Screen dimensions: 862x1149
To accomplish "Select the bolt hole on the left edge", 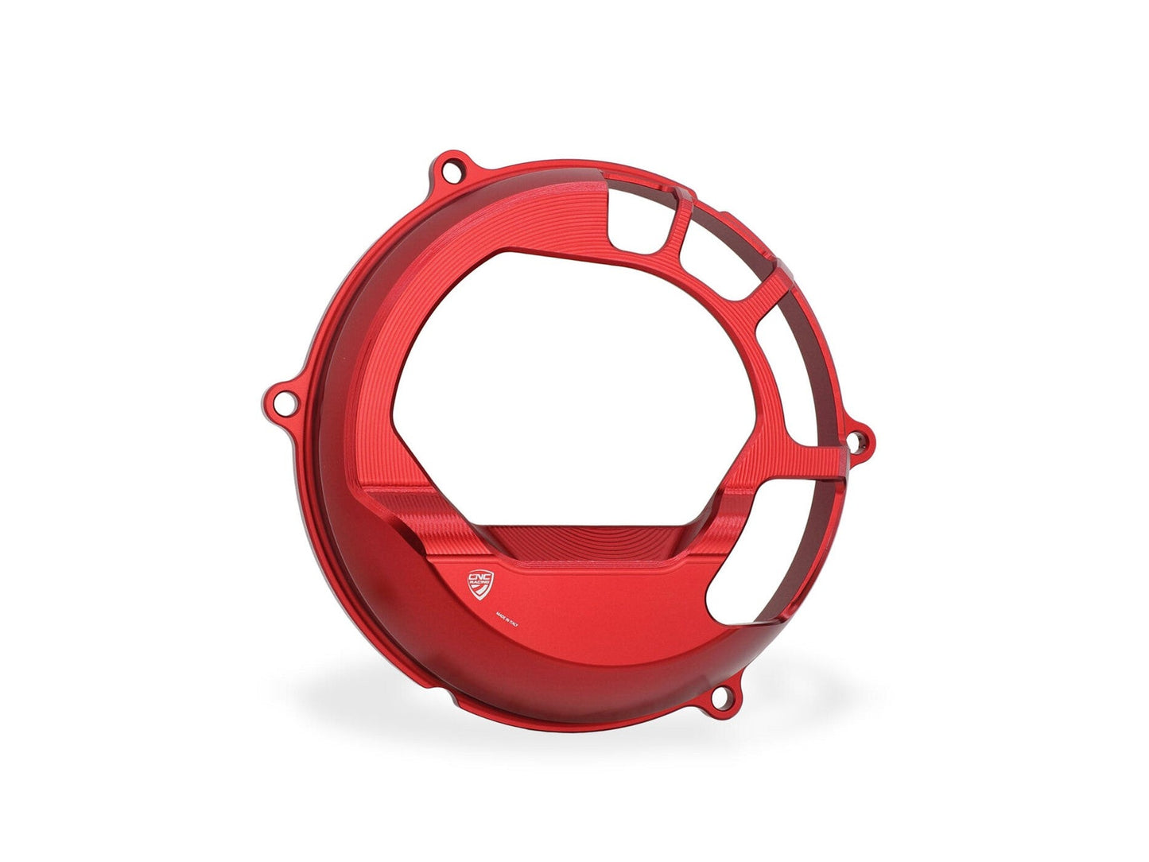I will click(x=278, y=396).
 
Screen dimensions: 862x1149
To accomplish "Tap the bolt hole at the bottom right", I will click(x=722, y=698).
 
